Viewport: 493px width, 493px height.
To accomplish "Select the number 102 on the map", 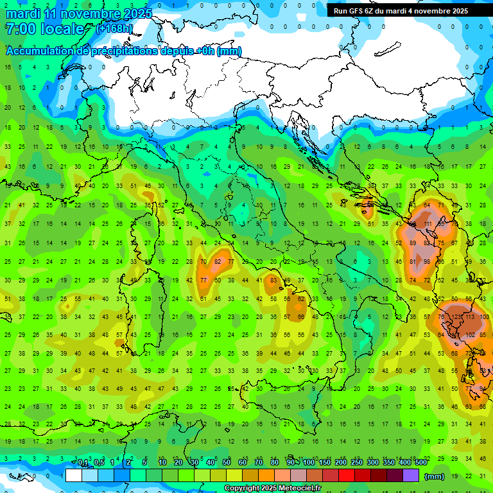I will pos(471,335).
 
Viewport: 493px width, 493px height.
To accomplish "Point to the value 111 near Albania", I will pos(428,225).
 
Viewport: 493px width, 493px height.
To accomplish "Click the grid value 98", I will pos(428,262).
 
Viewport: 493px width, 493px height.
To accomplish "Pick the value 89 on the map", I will pos(413,243).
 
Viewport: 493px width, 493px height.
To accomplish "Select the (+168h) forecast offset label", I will pos(114,29).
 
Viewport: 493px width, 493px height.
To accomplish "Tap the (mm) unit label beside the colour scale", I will pos(435,476).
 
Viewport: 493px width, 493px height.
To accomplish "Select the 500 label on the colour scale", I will pos(420,463).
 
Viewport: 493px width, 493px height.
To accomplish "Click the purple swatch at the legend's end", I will pos(411,476).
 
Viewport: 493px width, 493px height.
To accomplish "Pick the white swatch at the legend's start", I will pos(73,476).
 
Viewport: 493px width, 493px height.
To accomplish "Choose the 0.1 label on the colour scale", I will pos(83,463).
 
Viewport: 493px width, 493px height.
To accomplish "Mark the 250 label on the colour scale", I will pos(356,463).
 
